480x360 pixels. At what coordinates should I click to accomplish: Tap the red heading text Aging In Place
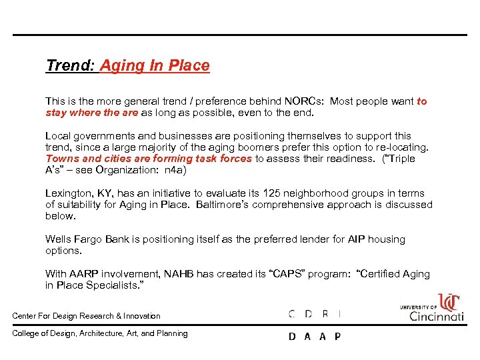coord(155,65)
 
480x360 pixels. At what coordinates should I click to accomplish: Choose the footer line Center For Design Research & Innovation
coord(87,316)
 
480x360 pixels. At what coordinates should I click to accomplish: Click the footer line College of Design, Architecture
coord(100,333)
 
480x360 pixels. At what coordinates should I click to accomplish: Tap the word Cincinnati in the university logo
coord(437,315)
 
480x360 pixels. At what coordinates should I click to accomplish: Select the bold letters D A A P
coord(315,337)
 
